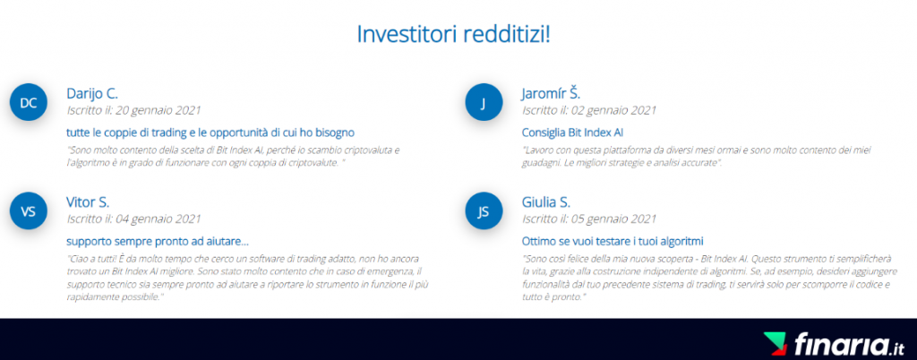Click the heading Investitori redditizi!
pos(453,35)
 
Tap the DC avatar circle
pos(29,103)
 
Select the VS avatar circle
pos(29,211)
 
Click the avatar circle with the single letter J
pos(484,103)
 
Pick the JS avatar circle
pos(484,211)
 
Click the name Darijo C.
pos(92,93)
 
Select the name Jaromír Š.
pos(551,93)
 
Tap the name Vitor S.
pos(88,202)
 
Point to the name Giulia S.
pos(545,202)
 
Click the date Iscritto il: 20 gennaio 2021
pos(134,110)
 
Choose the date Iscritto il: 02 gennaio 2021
pos(589,110)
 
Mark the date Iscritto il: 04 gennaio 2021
pos(134,219)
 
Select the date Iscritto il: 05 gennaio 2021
pos(589,219)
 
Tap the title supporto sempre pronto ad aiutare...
pos(158,242)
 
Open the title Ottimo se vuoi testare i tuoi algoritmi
pos(613,241)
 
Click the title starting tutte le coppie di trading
pos(210,133)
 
